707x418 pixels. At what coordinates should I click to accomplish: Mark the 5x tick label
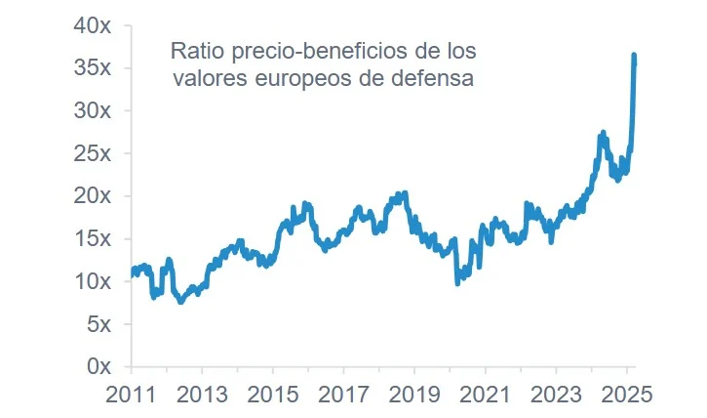tap(98, 323)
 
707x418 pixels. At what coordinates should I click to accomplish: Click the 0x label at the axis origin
tap(98, 365)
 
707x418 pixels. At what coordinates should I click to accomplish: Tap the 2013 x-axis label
tap(202, 395)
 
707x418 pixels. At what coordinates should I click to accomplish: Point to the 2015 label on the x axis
tap(272, 395)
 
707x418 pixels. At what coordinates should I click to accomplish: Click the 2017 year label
tap(343, 395)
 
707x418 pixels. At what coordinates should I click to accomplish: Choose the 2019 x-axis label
tap(414, 395)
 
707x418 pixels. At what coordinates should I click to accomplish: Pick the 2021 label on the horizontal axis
tap(485, 395)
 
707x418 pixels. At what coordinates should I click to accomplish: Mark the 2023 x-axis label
tap(556, 395)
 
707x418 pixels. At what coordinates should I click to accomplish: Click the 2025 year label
tap(627, 395)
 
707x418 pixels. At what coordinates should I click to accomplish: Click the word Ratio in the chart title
tap(194, 50)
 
